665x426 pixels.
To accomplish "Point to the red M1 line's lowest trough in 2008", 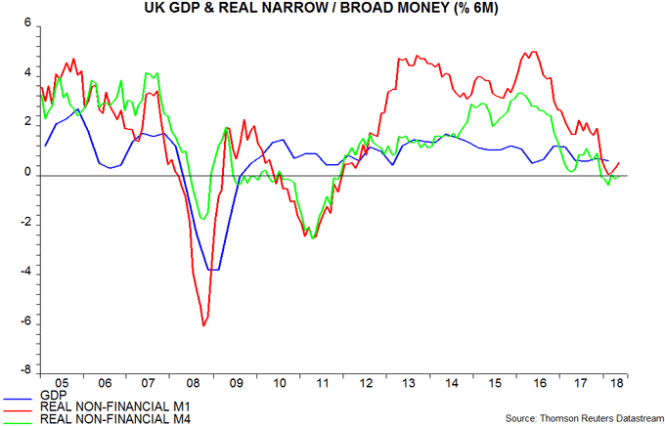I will point(202,325).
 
